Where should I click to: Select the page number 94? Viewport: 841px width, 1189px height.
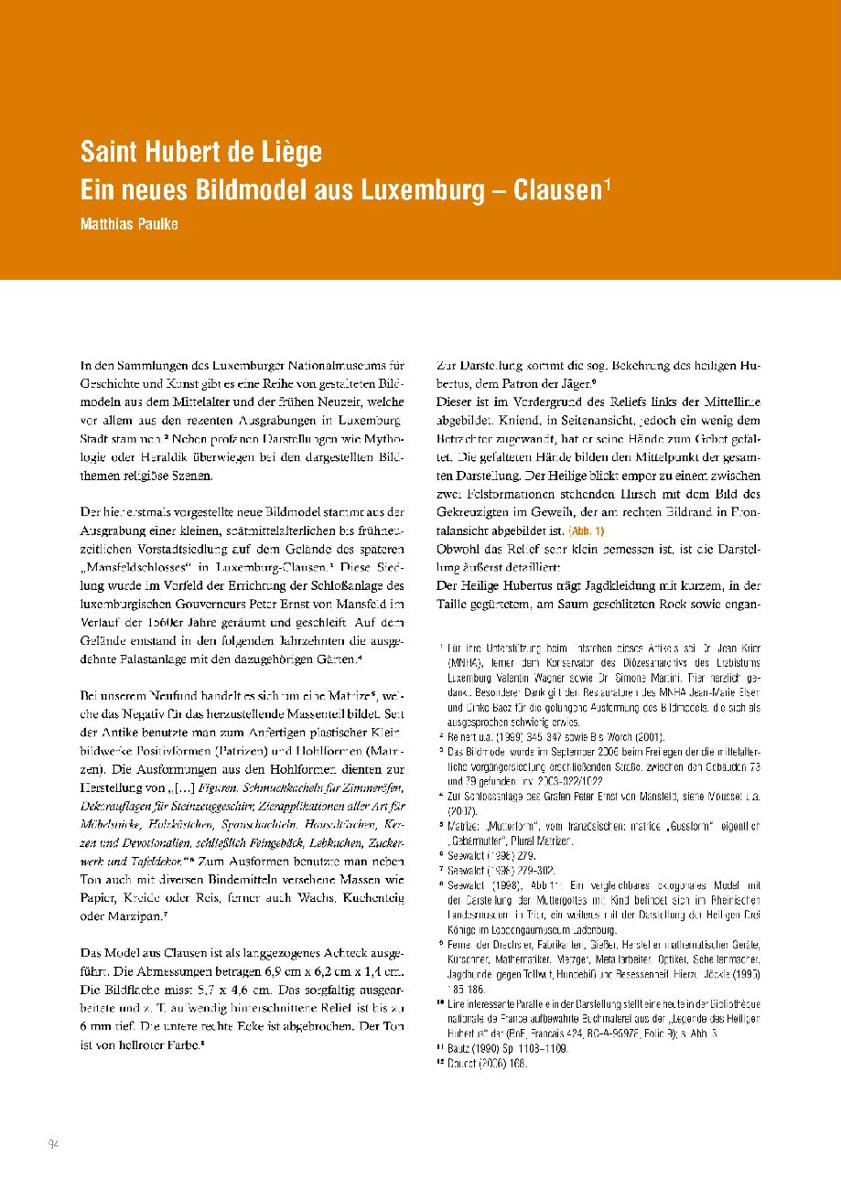(x=53, y=1144)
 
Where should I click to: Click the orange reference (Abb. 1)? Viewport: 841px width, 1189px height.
(x=587, y=531)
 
